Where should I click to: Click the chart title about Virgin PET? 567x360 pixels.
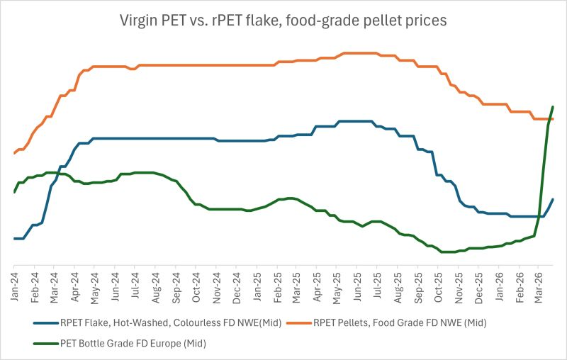283,21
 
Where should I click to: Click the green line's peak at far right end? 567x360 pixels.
553,107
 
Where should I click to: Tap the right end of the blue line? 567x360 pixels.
553,199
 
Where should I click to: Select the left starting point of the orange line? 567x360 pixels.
14,153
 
